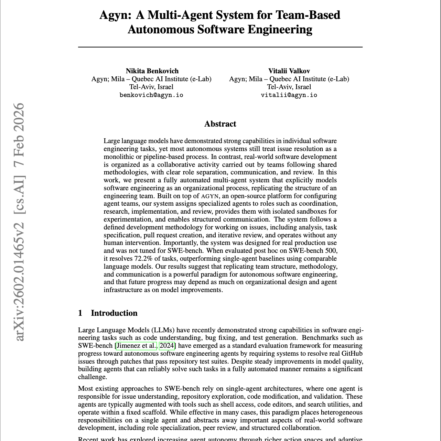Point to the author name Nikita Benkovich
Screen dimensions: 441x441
point(152,71)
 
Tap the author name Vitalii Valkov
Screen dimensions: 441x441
point(289,71)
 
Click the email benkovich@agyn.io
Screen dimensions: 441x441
point(151,95)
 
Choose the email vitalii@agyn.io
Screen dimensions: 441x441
point(289,95)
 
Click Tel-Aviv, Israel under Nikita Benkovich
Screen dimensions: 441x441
point(151,87)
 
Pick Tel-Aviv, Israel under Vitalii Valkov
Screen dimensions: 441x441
point(289,87)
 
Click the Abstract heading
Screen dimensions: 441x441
point(220,124)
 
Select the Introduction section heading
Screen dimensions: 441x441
point(114,313)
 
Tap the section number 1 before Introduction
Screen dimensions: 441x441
point(80,313)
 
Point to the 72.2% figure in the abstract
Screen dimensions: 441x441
point(143,259)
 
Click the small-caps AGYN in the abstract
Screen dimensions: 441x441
point(209,196)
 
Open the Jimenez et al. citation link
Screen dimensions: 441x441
point(137,346)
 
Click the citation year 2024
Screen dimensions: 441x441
point(167,346)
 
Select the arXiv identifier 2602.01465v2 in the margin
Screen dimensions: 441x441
point(20,282)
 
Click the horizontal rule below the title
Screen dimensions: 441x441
point(220,47)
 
